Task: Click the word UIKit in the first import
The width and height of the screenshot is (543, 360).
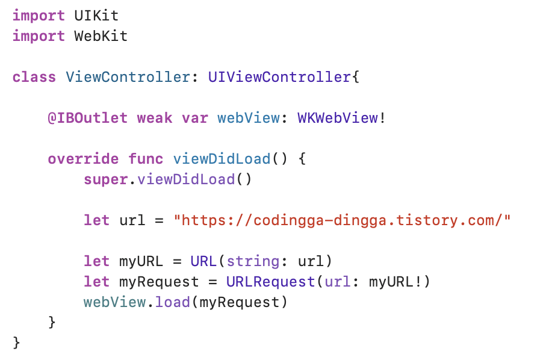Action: tap(96, 15)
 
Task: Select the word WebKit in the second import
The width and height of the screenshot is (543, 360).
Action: tap(101, 36)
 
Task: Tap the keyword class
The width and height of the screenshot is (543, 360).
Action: tap(34, 78)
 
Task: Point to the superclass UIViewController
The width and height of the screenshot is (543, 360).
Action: tap(279, 78)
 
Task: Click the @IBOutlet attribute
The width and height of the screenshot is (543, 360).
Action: tap(87, 118)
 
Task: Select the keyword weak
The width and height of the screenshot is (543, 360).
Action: tap(154, 118)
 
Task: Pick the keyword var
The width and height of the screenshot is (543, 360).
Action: tap(194, 118)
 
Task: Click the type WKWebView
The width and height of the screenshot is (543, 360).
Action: tap(337, 118)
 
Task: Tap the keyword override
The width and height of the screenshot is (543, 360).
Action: tap(82, 159)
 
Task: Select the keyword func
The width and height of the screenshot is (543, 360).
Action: tap(145, 159)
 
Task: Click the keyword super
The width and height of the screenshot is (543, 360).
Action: tap(105, 179)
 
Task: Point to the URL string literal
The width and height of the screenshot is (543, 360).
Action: tap(342, 220)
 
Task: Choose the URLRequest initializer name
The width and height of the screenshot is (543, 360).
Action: tap(270, 282)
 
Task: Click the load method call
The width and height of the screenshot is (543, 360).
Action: tap(172, 302)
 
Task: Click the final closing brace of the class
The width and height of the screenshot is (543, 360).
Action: tap(16, 343)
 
